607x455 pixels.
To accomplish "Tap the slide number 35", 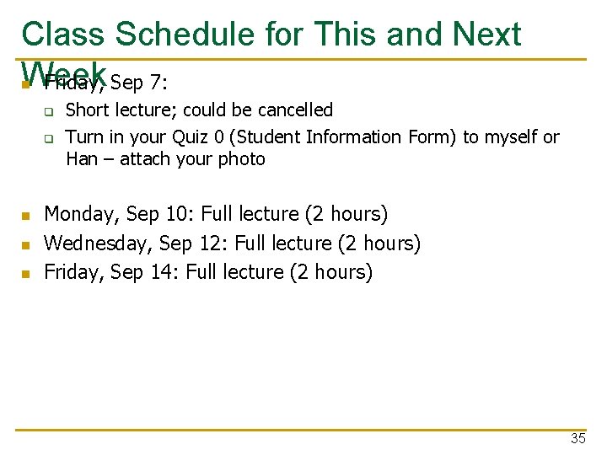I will coord(577,438).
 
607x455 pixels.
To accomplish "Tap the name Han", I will coord(82,159).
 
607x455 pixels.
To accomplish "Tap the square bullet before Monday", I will coord(26,217).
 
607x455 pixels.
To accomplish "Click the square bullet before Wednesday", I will coord(26,245).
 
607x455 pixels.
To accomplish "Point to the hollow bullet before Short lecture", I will coord(49,111).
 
